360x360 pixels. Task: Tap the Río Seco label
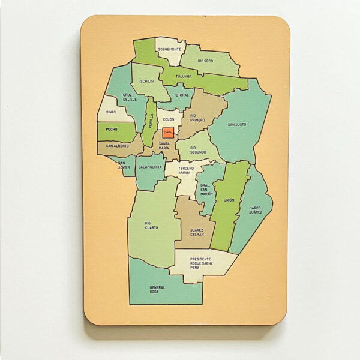point(205,61)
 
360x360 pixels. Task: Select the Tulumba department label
point(184,77)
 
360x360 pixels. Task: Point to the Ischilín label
point(146,81)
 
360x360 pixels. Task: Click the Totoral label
point(181,95)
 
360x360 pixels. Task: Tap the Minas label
point(110,112)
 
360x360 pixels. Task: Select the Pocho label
point(112,129)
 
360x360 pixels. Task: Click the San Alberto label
point(117,146)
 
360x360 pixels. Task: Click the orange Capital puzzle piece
point(168,131)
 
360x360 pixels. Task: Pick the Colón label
point(169,120)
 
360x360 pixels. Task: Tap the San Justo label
point(236,125)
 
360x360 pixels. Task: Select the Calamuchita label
point(149,167)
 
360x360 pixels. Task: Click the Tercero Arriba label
point(186,171)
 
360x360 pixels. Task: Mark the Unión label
point(229,200)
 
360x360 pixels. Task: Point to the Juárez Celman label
point(196,232)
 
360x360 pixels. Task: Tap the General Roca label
point(158,289)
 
